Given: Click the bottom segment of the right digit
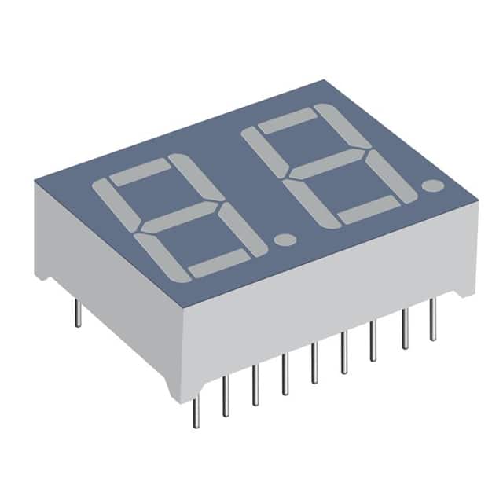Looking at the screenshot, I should coord(366,208).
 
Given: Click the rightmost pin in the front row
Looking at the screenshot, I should coord(432,323).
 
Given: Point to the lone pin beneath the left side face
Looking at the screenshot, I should coord(77,312).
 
